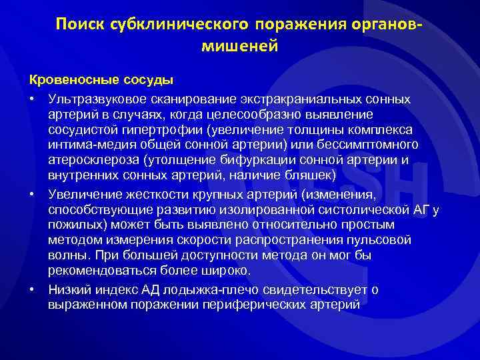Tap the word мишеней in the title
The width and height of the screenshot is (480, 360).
(x=239, y=47)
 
